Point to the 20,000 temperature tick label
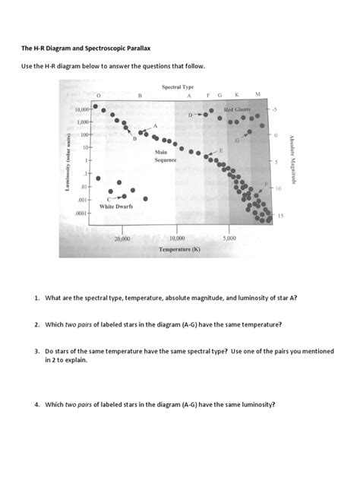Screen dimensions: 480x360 [x=122, y=238]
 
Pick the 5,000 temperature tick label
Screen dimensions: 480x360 [x=230, y=238]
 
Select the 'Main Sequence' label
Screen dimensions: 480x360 [x=165, y=157]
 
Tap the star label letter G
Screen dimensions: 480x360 [x=238, y=141]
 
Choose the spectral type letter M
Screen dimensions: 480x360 [x=258, y=94]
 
